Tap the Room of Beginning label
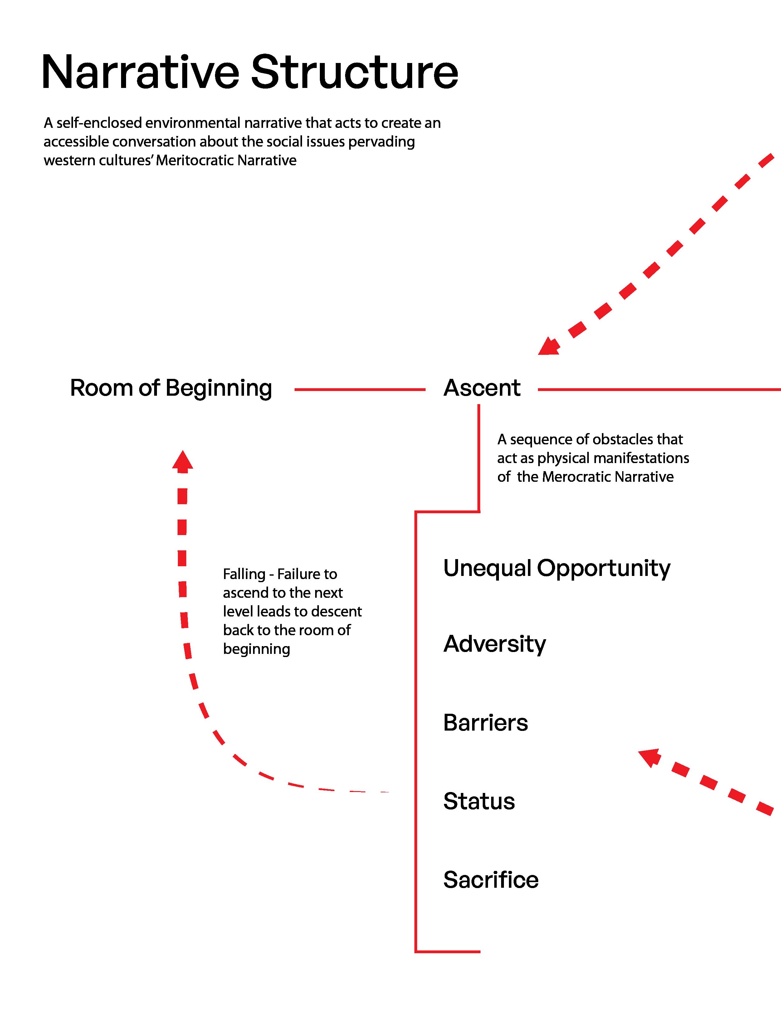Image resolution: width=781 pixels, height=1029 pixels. click(171, 388)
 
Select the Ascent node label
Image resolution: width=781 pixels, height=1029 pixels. click(482, 388)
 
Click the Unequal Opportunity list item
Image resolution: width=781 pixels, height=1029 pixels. click(557, 568)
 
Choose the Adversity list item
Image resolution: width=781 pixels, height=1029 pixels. click(494, 644)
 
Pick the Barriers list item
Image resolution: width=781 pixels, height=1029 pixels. click(486, 722)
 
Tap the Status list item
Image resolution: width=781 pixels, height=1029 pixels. click(479, 801)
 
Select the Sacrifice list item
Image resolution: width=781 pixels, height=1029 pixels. click(491, 880)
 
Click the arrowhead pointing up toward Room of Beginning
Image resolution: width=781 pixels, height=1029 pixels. click(183, 461)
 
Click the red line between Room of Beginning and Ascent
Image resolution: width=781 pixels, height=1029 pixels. click(359, 390)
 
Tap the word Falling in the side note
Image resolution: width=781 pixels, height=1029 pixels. click(244, 574)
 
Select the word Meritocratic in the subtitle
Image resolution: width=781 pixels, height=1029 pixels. click(195, 161)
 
